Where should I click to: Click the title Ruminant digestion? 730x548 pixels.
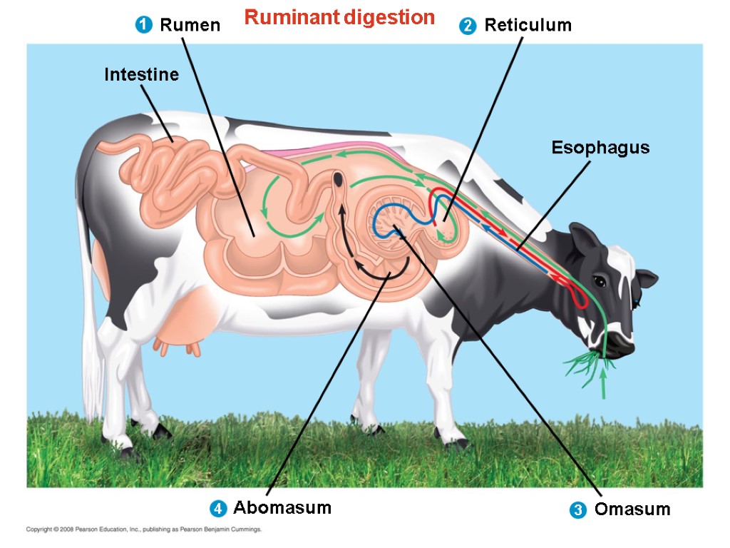(x=339, y=18)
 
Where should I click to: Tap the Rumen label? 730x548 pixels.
(x=190, y=26)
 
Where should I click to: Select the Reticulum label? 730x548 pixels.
(x=528, y=26)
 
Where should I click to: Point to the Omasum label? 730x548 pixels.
(x=632, y=509)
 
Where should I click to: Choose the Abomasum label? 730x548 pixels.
(x=282, y=508)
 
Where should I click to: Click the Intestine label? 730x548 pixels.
(x=141, y=74)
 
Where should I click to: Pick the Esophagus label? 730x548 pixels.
(x=600, y=148)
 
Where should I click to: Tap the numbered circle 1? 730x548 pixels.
(x=143, y=26)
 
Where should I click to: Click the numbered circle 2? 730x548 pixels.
(x=468, y=26)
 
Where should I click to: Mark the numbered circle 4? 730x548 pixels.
(x=217, y=509)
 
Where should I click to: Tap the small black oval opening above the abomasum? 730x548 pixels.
(x=339, y=181)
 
